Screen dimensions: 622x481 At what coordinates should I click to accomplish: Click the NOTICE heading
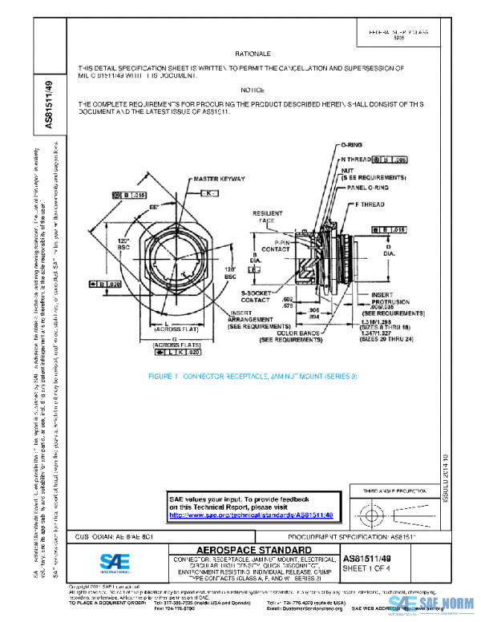(253, 90)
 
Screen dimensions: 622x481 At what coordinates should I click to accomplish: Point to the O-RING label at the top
(353, 144)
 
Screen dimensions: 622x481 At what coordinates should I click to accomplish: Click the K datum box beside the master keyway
(207, 194)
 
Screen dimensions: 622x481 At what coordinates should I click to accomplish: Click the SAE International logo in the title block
(108, 561)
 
